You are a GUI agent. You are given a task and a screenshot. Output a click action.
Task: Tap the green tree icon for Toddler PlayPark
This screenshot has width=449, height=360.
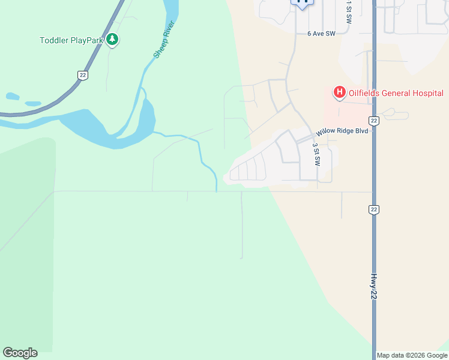coord(112,40)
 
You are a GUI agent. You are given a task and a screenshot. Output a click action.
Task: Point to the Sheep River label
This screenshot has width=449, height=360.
coord(164,40)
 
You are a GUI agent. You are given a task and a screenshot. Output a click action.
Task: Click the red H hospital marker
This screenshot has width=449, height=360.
coord(339,92)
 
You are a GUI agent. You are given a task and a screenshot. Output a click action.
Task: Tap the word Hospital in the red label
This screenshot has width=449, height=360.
coord(428,93)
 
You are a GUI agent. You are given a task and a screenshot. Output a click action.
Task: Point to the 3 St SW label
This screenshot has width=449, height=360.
coord(316,154)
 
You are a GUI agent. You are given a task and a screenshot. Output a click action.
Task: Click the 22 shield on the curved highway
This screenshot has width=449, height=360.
coord(82,74)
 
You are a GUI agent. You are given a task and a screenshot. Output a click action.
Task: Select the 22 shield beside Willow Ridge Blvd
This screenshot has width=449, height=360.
coord(374,121)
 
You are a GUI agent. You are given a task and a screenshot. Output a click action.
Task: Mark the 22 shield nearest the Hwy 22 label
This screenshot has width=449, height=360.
coord(373,209)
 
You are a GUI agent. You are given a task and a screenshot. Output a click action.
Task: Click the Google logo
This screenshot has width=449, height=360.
coord(20,353)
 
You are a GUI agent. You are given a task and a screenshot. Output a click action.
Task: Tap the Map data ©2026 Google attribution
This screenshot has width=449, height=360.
coord(412,355)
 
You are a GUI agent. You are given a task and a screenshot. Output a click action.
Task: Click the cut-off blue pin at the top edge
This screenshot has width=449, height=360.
coord(302,3)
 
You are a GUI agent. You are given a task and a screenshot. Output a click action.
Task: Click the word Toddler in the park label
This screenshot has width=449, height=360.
coord(54,41)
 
